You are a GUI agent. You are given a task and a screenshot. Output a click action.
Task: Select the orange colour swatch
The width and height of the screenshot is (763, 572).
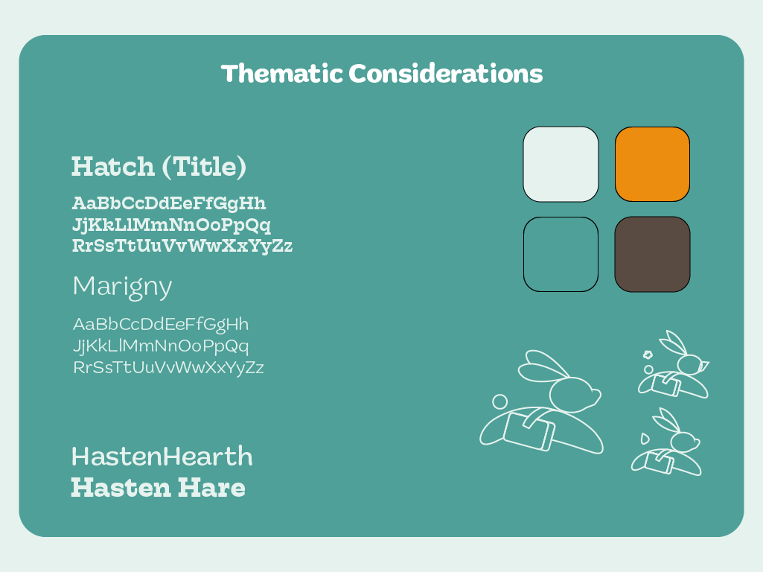click(652, 164)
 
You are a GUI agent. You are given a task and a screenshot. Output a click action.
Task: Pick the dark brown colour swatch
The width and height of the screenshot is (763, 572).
click(652, 254)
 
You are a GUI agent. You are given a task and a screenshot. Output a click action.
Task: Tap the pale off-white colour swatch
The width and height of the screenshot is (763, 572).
click(561, 164)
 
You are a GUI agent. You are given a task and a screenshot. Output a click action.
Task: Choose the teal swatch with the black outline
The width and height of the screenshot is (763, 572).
click(561, 254)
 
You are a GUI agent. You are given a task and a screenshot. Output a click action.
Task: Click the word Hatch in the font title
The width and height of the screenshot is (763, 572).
click(112, 166)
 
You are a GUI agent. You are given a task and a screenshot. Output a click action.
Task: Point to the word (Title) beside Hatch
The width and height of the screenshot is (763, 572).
click(204, 167)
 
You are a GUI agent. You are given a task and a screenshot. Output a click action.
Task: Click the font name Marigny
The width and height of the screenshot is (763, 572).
click(122, 287)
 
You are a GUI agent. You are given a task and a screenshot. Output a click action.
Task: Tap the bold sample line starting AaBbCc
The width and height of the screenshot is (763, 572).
click(169, 203)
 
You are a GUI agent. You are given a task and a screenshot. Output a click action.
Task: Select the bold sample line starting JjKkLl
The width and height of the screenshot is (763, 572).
click(171, 225)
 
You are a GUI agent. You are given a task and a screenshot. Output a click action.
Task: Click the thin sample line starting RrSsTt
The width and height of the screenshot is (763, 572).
click(168, 367)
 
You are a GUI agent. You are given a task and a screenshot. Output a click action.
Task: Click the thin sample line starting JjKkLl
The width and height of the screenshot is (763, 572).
click(161, 346)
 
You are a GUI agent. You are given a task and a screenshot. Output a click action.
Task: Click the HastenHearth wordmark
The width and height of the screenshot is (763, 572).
click(162, 456)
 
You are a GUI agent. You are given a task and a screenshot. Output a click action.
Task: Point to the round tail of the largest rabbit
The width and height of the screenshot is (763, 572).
click(499, 402)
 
